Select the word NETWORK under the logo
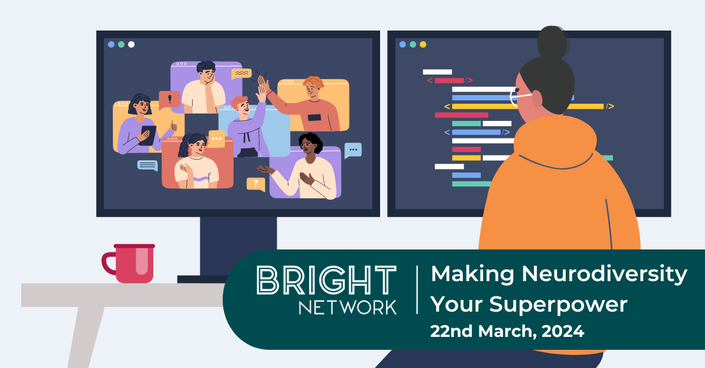(347, 306)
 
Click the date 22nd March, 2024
(507, 331)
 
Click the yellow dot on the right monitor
(423, 44)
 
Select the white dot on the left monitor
(131, 44)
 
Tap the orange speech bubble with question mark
(256, 184)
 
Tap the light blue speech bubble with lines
(147, 166)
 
